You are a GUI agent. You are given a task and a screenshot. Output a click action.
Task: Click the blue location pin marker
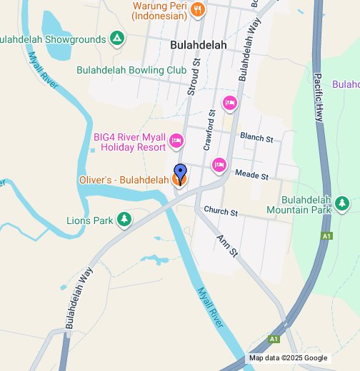tap(181, 173)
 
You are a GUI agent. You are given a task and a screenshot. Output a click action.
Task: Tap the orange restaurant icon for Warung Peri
tap(199, 10)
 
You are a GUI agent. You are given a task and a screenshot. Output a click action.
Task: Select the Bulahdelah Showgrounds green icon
tap(117, 39)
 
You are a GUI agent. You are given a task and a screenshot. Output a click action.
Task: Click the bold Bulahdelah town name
tap(199, 45)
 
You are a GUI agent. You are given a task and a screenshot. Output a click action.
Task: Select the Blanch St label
tap(256, 136)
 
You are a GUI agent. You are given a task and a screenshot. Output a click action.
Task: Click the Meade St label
tap(251, 175)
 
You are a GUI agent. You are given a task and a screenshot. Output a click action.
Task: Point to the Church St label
tap(220, 210)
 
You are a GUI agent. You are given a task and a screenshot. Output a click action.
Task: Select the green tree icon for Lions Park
tap(124, 219)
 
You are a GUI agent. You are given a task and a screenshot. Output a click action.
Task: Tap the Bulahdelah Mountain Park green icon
tap(342, 203)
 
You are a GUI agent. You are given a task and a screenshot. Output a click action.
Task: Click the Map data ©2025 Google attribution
tap(288, 358)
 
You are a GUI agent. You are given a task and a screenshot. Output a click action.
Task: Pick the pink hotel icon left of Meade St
tap(219, 166)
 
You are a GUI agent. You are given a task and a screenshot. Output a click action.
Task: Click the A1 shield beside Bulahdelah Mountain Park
tap(326, 236)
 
